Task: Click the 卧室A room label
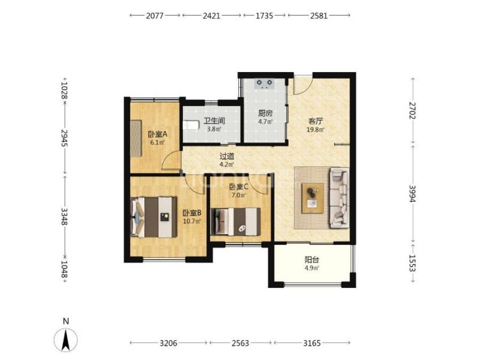pyautogui.click(x=157, y=134)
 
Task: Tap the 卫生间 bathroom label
pyautogui.click(x=214, y=121)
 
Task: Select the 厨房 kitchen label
pyautogui.click(x=265, y=113)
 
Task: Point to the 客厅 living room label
pyautogui.click(x=316, y=122)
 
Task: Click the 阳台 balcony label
pyautogui.click(x=312, y=260)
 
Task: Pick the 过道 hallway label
pyautogui.click(x=227, y=157)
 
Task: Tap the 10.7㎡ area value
pyautogui.click(x=192, y=221)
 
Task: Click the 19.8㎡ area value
pyautogui.click(x=316, y=130)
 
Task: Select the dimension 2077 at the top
pyautogui.click(x=155, y=16)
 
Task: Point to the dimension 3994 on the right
pyautogui.click(x=412, y=193)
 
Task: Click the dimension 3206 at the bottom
pyautogui.click(x=169, y=343)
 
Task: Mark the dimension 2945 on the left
pyautogui.click(x=64, y=138)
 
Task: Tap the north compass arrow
pyautogui.click(x=65, y=340)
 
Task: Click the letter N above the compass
pyautogui.click(x=66, y=321)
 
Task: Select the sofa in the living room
pyautogui.click(x=339, y=198)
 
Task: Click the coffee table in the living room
pyautogui.click(x=313, y=198)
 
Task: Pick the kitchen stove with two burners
pyautogui.click(x=265, y=84)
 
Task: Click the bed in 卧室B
pyautogui.click(x=154, y=217)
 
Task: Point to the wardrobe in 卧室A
pyautogui.click(x=136, y=139)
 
